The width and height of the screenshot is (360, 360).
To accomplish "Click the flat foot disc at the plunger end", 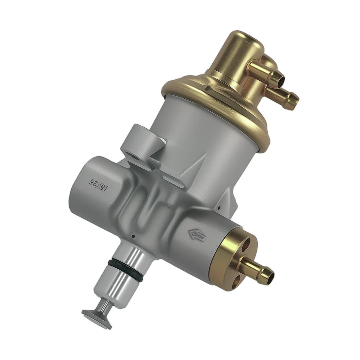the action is click(x=97, y=318).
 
